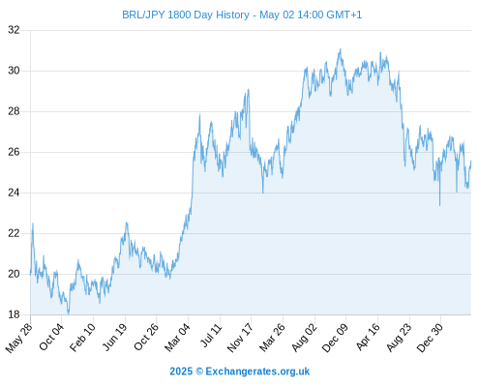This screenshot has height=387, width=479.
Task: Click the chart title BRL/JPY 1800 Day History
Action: (186, 15)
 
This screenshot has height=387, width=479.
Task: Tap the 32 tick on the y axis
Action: (14, 30)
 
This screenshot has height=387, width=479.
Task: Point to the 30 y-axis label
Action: (14, 71)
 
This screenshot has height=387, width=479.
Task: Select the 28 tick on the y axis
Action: (14, 111)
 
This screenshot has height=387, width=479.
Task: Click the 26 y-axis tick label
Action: (14, 152)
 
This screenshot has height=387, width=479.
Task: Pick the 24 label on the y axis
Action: (14, 193)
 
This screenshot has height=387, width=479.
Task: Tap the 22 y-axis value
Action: (14, 233)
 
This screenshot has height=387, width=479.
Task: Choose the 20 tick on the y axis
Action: (14, 274)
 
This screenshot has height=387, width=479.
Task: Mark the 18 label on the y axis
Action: (14, 314)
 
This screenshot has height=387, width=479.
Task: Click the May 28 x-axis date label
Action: (19, 338)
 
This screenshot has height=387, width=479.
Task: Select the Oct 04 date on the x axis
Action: (51, 337)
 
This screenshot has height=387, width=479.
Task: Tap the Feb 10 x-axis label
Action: (83, 337)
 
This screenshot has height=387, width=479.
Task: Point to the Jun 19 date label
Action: (115, 337)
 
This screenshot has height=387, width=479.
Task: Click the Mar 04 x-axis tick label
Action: (177, 338)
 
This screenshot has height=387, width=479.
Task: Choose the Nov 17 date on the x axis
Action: (240, 338)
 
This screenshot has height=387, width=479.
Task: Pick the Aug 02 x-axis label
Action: (304, 338)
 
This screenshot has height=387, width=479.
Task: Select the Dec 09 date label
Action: (335, 338)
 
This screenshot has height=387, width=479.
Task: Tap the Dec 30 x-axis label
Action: (430, 338)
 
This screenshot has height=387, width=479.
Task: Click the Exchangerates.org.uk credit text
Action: (257, 372)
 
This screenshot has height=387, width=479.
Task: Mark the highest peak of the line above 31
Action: (340, 48)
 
